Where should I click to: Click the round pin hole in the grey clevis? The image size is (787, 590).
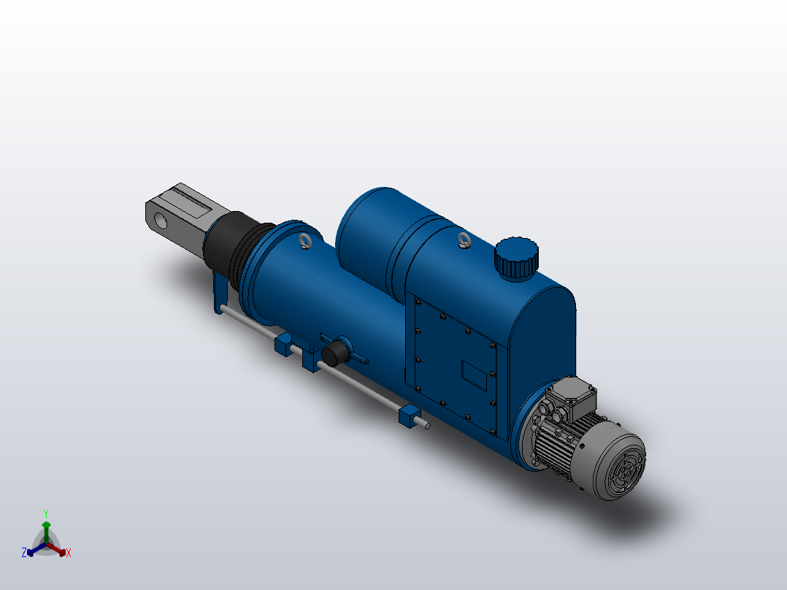click(x=160, y=219)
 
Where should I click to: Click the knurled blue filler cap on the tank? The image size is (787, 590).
click(x=517, y=257)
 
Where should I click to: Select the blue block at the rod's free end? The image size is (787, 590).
click(x=410, y=416)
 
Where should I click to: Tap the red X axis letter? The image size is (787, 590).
click(x=68, y=553)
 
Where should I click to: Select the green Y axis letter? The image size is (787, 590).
click(x=45, y=513)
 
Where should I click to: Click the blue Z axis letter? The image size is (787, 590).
click(x=24, y=553)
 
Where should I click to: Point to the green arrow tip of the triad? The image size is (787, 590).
click(x=45, y=524)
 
